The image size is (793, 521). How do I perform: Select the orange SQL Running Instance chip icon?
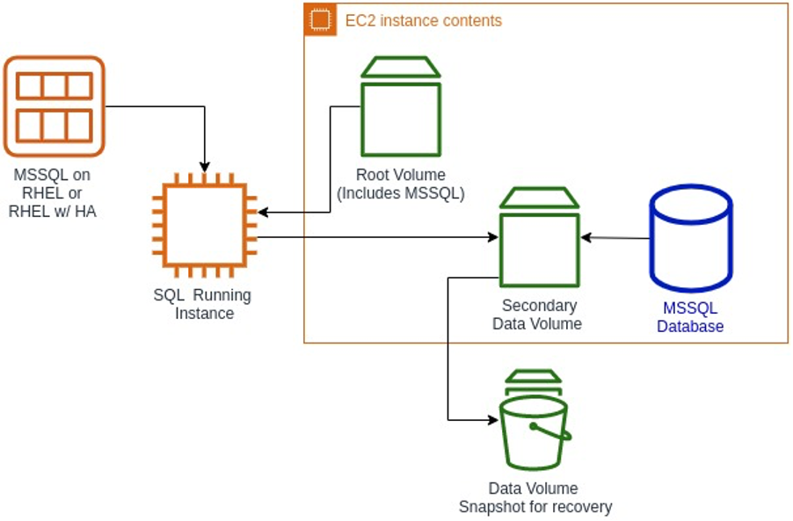(205, 225)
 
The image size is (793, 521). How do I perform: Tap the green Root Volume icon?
(400, 106)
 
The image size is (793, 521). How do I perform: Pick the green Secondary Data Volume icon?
(539, 236)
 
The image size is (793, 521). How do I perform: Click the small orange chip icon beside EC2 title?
(320, 19)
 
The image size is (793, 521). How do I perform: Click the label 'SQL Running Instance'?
(202, 304)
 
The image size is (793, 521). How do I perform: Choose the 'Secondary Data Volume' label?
(539, 315)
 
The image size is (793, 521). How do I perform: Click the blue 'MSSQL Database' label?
(690, 317)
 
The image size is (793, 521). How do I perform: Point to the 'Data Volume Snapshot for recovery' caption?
(535, 497)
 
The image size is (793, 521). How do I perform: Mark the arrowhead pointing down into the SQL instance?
(205, 167)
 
